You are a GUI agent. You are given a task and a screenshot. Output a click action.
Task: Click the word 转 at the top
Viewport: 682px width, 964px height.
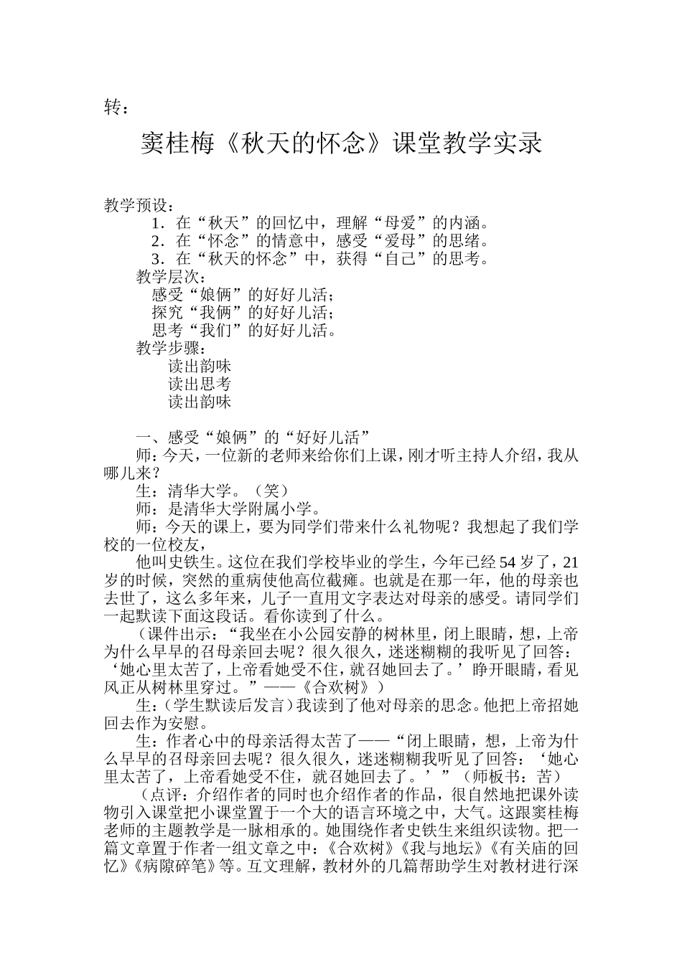(112, 108)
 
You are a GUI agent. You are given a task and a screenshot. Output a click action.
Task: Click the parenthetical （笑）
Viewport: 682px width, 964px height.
(272, 491)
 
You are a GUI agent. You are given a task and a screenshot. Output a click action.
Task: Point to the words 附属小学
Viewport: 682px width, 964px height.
(280, 509)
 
